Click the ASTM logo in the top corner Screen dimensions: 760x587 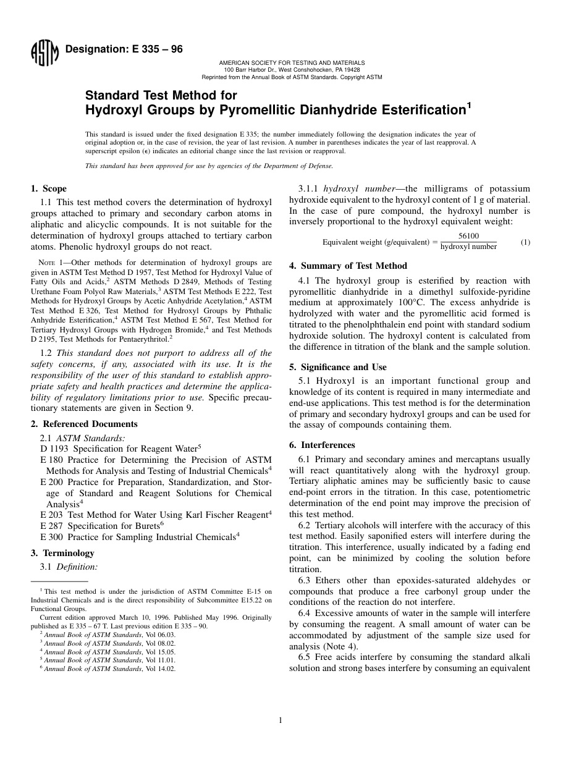point(44,53)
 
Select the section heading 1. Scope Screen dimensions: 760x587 point(49,188)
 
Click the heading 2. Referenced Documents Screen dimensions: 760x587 point(84,424)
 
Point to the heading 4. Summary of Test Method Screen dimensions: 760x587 point(348,266)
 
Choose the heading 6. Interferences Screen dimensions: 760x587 point(322,445)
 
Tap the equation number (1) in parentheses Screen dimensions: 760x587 point(525,242)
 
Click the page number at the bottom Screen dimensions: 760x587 point(280,720)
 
